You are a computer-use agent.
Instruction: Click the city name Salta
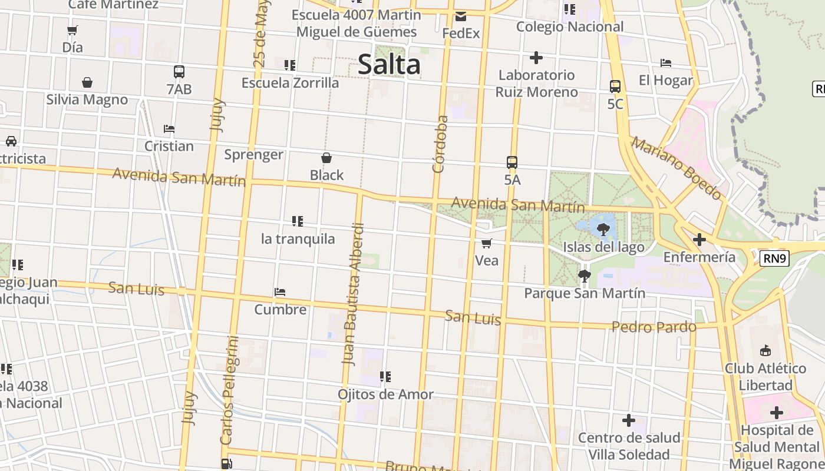point(389,64)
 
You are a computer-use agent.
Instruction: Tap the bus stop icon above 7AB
point(179,72)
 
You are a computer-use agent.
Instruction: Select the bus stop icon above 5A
point(512,162)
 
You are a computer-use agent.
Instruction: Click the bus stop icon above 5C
point(615,87)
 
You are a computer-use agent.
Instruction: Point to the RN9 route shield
point(774,258)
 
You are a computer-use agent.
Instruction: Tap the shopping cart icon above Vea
point(487,243)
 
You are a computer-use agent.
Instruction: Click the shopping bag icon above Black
point(326,158)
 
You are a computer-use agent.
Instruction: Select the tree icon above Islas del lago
point(603,230)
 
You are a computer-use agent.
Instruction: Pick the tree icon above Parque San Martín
point(584,276)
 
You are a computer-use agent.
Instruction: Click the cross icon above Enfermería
point(699,240)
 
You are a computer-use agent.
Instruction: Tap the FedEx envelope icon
point(461,16)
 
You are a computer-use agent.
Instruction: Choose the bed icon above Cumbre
point(280,292)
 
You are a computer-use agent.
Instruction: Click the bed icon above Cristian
point(169,129)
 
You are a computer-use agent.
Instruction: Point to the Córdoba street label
point(440,144)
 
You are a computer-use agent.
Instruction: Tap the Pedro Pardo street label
point(654,327)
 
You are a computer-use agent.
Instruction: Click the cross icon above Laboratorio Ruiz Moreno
point(536,58)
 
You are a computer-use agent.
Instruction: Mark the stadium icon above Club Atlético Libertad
point(765,351)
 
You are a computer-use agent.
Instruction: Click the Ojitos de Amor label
point(385,394)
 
